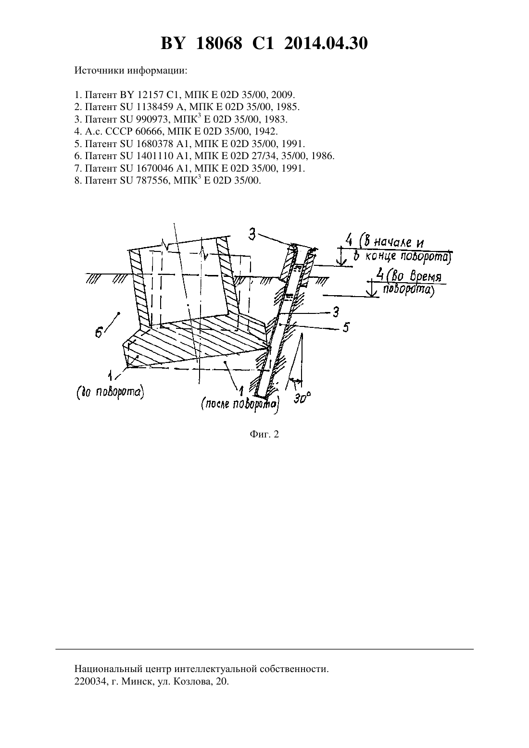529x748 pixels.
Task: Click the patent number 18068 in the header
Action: coord(219,43)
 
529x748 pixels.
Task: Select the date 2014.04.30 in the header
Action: coord(326,43)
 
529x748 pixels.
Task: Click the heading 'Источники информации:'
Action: coord(131,71)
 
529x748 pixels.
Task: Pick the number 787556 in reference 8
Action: coord(152,180)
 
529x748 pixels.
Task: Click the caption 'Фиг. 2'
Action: coord(264,434)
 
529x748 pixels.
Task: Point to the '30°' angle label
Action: coord(302,398)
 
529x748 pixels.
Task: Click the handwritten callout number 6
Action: coord(99,333)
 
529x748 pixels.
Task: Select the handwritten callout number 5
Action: coord(346,327)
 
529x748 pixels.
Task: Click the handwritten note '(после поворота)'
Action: coord(240,405)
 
